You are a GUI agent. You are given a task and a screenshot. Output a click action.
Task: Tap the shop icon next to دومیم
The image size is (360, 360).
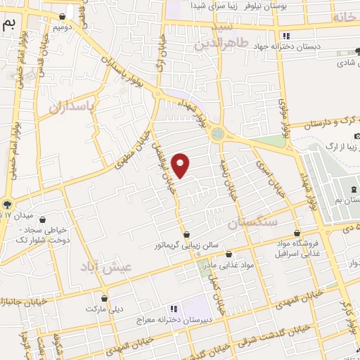pos(64,16)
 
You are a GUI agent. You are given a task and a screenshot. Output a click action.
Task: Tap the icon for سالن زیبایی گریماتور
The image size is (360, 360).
pos(186,235)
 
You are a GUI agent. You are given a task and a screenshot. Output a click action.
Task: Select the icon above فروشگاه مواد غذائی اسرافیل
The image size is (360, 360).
pos(297,233)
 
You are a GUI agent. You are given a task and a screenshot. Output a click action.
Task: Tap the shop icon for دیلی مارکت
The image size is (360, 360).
pos(104,298)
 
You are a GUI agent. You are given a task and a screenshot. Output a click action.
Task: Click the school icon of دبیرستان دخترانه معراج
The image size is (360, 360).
pos(173,309)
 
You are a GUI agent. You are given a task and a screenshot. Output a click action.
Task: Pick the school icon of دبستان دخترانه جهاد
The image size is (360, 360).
pos(285,36)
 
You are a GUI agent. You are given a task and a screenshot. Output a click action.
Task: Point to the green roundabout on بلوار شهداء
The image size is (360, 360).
pos(217,133)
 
